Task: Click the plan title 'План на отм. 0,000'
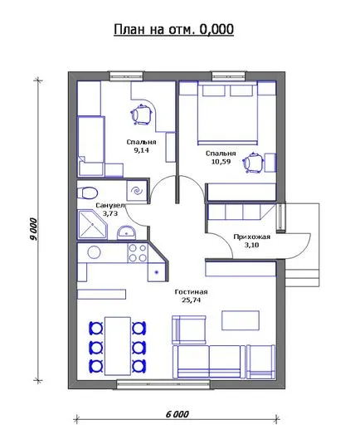[173, 29]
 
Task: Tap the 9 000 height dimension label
[34, 229]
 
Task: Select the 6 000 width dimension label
[178, 415]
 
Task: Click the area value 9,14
[141, 150]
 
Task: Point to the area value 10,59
[221, 162]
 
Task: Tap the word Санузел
[109, 205]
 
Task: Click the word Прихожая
[251, 237]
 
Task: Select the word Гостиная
[191, 292]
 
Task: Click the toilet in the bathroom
[87, 193]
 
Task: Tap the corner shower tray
[92, 225]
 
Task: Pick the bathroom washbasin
[127, 232]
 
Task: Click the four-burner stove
[138, 253]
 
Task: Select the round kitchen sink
[95, 251]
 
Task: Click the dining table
[118, 346]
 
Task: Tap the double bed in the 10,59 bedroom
[227, 113]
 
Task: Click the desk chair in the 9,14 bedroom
[141, 115]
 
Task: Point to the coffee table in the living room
[241, 320]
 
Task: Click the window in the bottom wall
[163, 384]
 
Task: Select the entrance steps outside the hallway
[302, 278]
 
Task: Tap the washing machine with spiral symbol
[137, 191]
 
